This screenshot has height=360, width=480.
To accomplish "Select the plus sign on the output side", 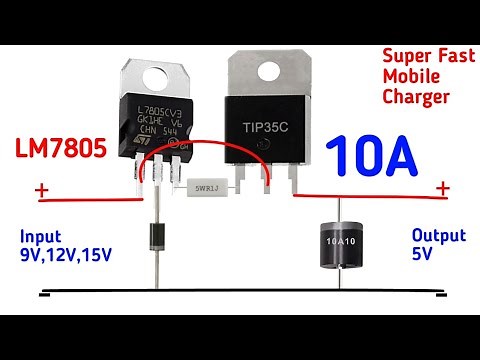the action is click(x=443, y=188).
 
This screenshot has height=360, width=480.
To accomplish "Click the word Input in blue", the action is click(x=41, y=238).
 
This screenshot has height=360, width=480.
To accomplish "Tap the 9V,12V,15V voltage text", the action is click(x=66, y=256).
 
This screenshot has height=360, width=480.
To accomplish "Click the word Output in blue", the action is click(x=439, y=236).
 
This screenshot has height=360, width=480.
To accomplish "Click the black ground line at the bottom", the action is click(x=240, y=294).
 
